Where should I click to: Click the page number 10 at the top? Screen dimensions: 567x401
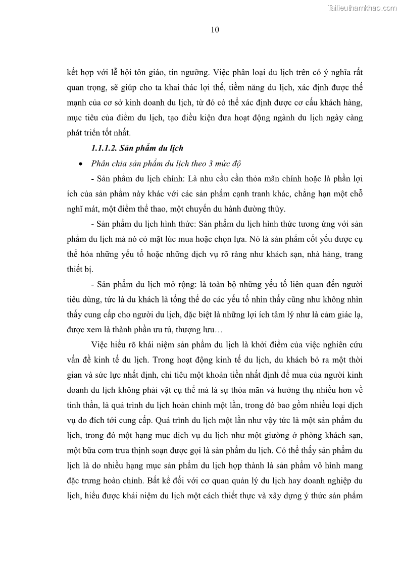click(x=215, y=30)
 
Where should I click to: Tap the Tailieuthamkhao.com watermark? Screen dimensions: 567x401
click(x=362, y=8)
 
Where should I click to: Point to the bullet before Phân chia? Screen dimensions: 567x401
click(x=81, y=164)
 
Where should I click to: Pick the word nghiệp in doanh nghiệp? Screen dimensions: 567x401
click(x=334, y=482)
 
